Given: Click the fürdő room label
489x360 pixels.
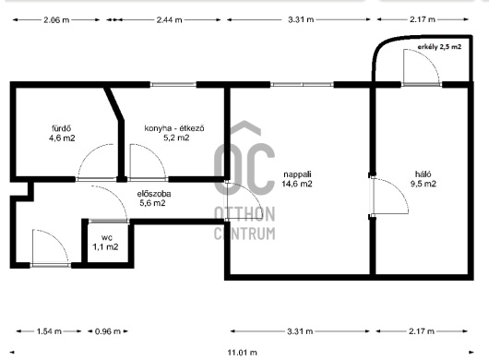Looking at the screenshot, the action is point(62,128).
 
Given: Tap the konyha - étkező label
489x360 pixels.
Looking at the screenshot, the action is point(174,128).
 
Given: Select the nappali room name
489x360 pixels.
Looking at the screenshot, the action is point(297,174).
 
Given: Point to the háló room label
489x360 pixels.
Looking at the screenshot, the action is point(423,174).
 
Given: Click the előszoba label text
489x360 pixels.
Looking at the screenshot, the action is point(154,194).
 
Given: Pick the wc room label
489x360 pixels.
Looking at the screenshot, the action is point(107,238).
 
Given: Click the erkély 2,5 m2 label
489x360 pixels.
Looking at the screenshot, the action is point(439,47).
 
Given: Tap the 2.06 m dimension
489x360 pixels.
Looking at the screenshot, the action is point(56,20).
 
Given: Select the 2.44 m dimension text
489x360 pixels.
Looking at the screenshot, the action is point(169,20).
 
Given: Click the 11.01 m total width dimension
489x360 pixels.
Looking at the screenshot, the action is point(243,353).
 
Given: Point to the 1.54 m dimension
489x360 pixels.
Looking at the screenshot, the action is point(49,331).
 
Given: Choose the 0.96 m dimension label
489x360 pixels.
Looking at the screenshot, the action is point(108,331).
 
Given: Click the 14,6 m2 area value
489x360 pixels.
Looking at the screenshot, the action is point(297,184).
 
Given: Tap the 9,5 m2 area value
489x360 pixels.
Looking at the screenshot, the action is point(423,184).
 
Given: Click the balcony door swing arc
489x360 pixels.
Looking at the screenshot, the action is point(430,58).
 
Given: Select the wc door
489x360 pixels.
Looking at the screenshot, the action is point(108,222).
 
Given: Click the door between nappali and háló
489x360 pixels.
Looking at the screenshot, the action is point(372,196).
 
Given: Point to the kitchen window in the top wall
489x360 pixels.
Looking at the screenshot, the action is point(173,85).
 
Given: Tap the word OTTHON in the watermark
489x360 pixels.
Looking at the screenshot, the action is point(244,214).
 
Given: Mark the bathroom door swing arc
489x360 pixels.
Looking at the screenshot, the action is point(88,152).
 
